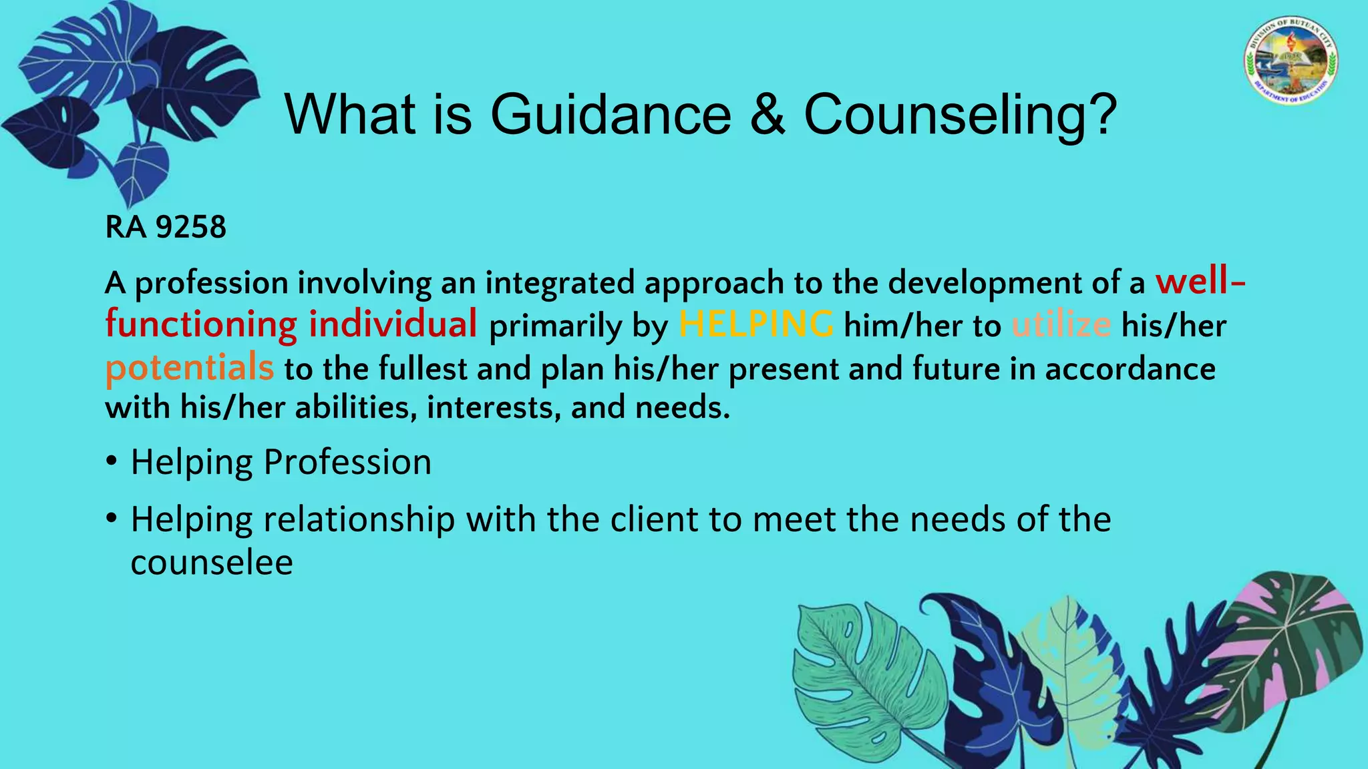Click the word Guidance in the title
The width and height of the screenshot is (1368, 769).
(611, 115)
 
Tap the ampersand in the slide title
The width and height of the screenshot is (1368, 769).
(767, 115)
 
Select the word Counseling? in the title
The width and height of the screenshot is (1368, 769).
(960, 115)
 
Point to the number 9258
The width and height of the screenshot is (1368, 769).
(191, 228)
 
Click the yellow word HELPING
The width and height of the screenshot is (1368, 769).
(755, 325)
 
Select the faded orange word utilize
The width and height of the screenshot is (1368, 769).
(1061, 326)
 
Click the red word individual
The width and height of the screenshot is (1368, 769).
(393, 325)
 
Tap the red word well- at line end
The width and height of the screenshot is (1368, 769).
(1200, 282)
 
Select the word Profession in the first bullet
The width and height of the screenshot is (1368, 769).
(347, 462)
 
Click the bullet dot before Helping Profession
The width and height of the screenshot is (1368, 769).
(112, 461)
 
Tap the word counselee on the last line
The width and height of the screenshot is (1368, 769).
(212, 563)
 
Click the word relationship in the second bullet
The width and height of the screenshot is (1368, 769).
(359, 519)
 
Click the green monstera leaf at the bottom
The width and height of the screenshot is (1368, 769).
(862, 674)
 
